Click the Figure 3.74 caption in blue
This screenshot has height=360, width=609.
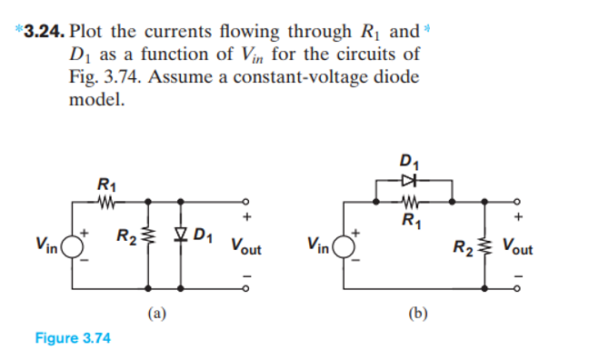72,338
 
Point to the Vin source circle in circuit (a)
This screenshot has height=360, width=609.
68,243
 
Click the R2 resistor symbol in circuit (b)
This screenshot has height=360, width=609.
485,243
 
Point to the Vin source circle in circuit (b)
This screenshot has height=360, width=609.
345,243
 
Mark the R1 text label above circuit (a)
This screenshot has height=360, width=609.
105,186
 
